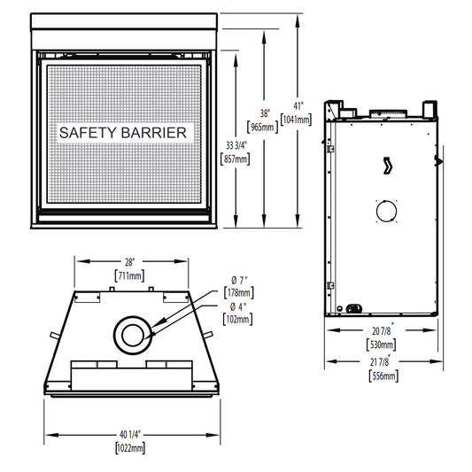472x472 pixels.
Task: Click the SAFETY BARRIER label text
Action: (123, 133)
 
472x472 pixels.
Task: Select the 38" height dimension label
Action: (265, 113)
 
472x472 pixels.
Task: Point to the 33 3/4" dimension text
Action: (236, 146)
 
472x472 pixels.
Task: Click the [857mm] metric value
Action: (235, 159)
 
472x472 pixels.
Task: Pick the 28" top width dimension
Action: (129, 262)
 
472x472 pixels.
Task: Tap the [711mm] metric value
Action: (130, 275)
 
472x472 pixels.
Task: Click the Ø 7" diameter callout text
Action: (239, 281)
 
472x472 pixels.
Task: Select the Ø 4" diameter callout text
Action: (238, 307)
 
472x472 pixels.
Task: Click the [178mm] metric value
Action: (239, 292)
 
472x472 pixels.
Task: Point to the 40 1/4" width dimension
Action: (130, 435)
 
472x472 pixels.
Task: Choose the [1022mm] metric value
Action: (130, 448)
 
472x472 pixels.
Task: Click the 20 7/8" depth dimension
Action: (383, 330)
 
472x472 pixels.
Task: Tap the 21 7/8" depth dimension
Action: (381, 361)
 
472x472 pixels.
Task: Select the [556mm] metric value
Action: (383, 376)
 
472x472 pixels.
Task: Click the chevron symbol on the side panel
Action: (388, 166)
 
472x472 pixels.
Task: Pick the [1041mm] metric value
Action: (296, 120)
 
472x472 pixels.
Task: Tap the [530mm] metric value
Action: (381, 344)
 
